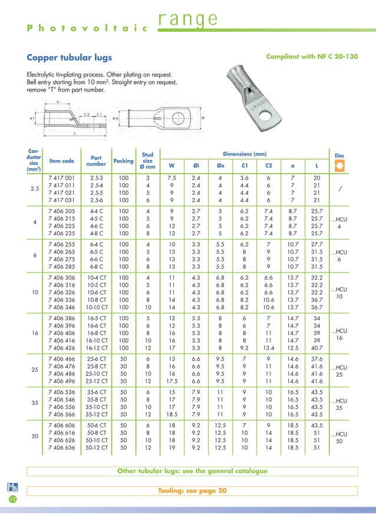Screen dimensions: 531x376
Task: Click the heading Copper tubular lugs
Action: tap(70, 58)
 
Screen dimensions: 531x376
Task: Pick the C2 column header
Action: tap(268, 165)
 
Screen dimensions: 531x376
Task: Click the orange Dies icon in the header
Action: tap(339, 165)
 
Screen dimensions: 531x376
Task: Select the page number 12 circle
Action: tap(12, 500)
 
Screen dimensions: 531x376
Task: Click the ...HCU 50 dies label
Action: tap(339, 437)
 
